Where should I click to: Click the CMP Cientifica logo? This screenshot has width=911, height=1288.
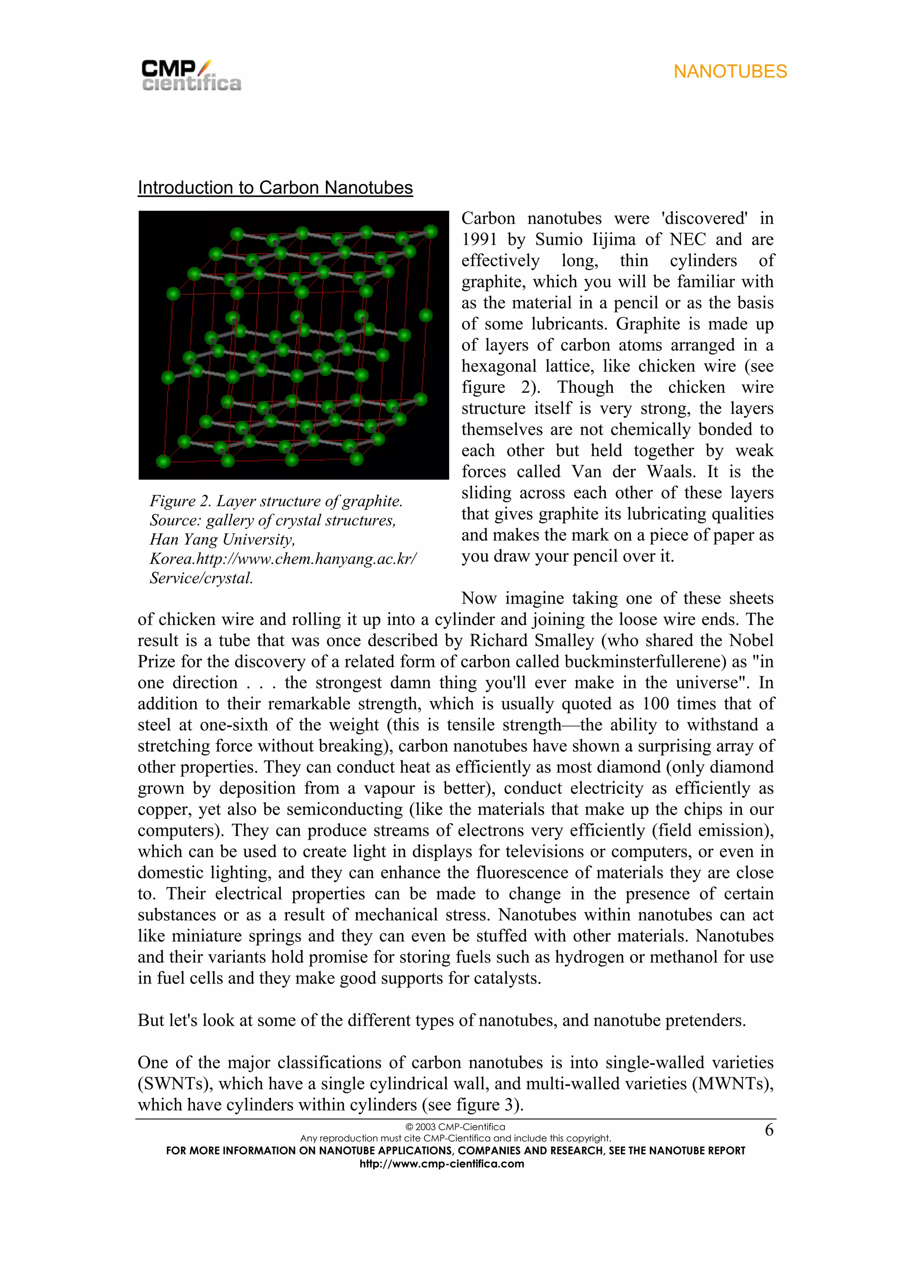(x=191, y=75)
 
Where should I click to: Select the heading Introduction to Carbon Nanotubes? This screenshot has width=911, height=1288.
(x=275, y=188)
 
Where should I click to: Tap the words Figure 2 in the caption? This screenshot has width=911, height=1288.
(x=180, y=501)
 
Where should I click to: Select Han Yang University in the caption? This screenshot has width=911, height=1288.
(x=222, y=540)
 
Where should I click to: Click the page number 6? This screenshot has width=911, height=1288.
(x=769, y=1130)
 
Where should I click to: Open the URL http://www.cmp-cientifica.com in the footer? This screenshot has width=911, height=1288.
(x=442, y=1164)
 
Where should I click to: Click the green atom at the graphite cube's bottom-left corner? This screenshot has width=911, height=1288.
(x=163, y=462)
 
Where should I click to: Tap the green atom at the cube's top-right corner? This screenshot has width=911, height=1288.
(x=431, y=231)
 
